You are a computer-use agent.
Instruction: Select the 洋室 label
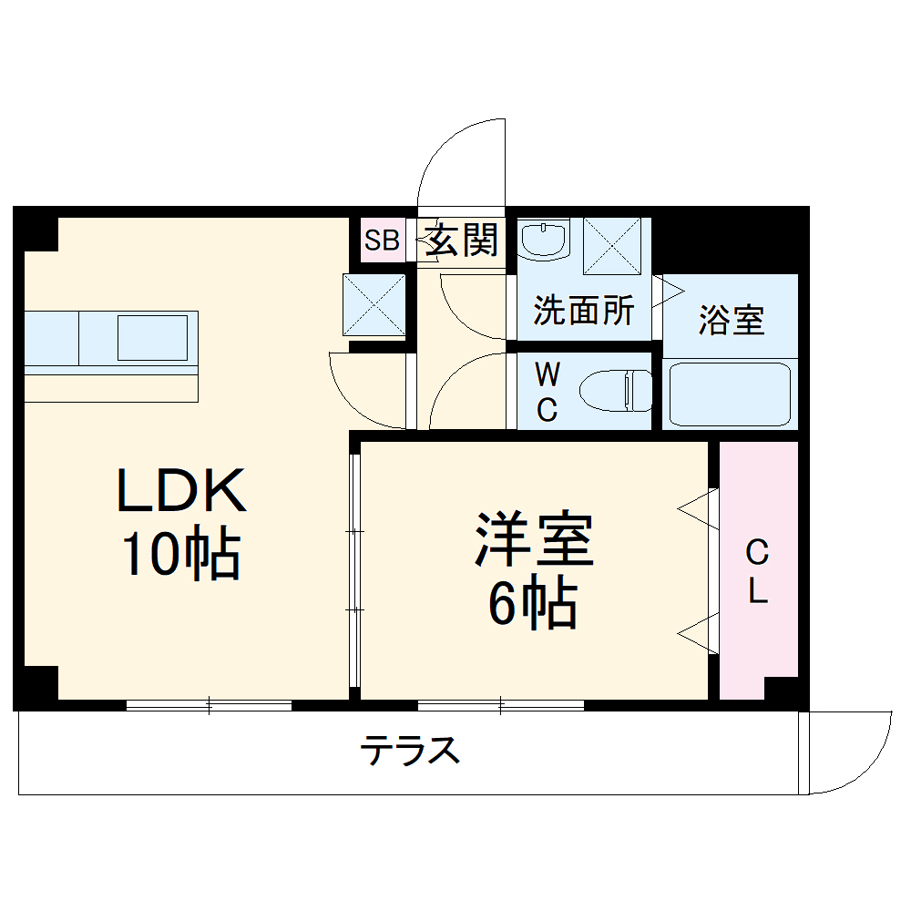(x=533, y=539)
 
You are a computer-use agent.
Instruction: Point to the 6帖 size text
(x=533, y=603)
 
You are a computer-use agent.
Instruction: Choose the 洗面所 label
(x=583, y=312)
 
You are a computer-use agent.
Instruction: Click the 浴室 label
(x=731, y=321)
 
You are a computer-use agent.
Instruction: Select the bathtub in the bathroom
(x=729, y=394)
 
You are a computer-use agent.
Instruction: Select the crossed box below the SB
(x=374, y=304)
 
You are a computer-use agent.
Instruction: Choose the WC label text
(x=546, y=392)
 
